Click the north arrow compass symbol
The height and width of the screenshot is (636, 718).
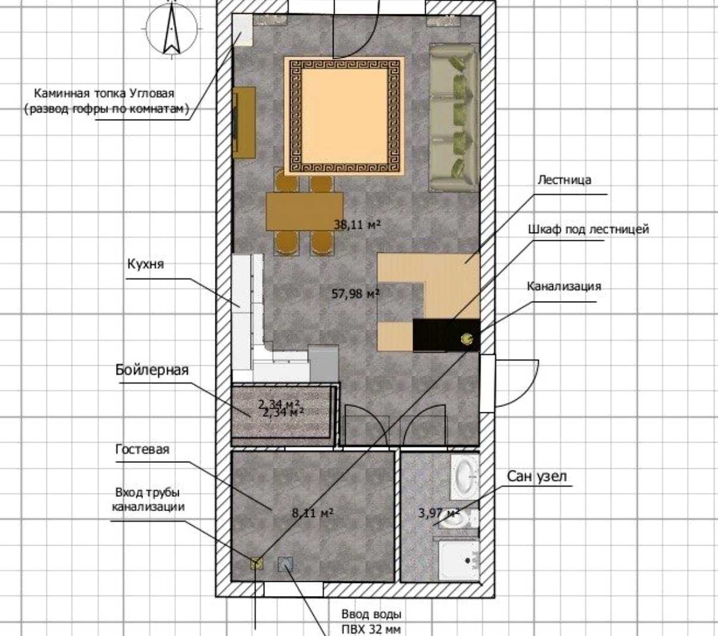pyautogui.click(x=172, y=29)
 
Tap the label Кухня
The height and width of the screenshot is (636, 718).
pyautogui.click(x=146, y=264)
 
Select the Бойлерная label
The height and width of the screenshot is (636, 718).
pyautogui.click(x=152, y=370)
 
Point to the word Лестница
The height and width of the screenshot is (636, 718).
pyautogui.click(x=564, y=180)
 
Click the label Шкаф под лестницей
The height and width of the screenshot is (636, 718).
pyautogui.click(x=589, y=230)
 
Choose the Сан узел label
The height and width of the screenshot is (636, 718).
pyautogui.click(x=537, y=477)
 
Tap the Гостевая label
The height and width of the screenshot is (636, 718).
pyautogui.click(x=142, y=449)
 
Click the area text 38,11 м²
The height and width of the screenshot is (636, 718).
pyautogui.click(x=357, y=224)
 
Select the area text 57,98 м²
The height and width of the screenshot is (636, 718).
pyautogui.click(x=355, y=293)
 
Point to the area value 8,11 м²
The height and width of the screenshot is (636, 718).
pyautogui.click(x=313, y=513)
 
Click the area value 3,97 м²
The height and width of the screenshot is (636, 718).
pyautogui.click(x=439, y=513)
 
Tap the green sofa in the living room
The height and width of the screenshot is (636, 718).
pyautogui.click(x=454, y=118)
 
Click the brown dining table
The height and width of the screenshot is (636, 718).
pyautogui.click(x=305, y=211)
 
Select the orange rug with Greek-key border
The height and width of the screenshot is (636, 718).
pyautogui.click(x=344, y=116)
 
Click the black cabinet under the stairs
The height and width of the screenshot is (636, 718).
pyautogui.click(x=447, y=335)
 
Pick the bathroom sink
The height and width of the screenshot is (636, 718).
pyautogui.click(x=464, y=477)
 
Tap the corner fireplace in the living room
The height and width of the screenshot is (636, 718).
pyautogui.click(x=242, y=30)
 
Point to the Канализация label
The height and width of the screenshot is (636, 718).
pyautogui.click(x=564, y=286)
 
